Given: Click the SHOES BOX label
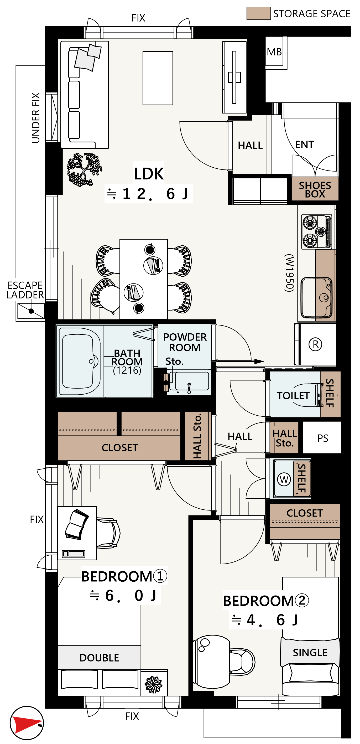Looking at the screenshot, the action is coord(315,189).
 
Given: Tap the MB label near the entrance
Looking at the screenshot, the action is coord(274,52).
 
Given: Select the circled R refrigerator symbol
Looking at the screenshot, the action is coord(315,344).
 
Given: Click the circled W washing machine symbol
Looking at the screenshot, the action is coord(284,479).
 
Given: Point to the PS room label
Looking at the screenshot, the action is coord(323,438).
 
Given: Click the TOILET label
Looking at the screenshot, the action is coord(293,395).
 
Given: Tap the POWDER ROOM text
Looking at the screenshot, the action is coord(185,342).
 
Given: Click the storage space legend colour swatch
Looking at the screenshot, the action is coord(258,13).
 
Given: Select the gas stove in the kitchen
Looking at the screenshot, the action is coord(317,232).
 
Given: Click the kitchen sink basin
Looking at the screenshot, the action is coord(316,298).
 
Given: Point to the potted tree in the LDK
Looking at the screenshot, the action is coord(84,169).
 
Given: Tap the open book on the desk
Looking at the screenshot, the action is coord(77,524).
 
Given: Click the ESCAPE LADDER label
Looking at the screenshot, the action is coord(25,290).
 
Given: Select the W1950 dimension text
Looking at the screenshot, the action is coord(289,273).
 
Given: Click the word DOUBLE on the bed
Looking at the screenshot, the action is coord(99,658).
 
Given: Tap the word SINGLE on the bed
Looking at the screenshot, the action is coord(310,652).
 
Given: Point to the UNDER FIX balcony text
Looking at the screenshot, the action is coord(35,118).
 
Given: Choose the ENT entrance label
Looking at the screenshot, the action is coord(304,144).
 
